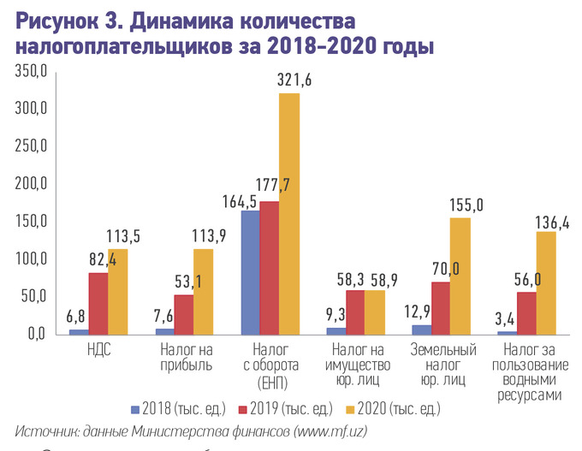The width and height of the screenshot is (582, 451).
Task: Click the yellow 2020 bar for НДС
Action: click(x=118, y=291)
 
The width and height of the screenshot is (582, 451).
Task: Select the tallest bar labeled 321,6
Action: click(x=289, y=214)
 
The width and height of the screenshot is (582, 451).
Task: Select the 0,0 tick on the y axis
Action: click(x=35, y=334)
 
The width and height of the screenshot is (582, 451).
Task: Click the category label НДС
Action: click(x=99, y=350)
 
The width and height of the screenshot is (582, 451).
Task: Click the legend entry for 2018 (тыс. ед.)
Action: click(x=180, y=407)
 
